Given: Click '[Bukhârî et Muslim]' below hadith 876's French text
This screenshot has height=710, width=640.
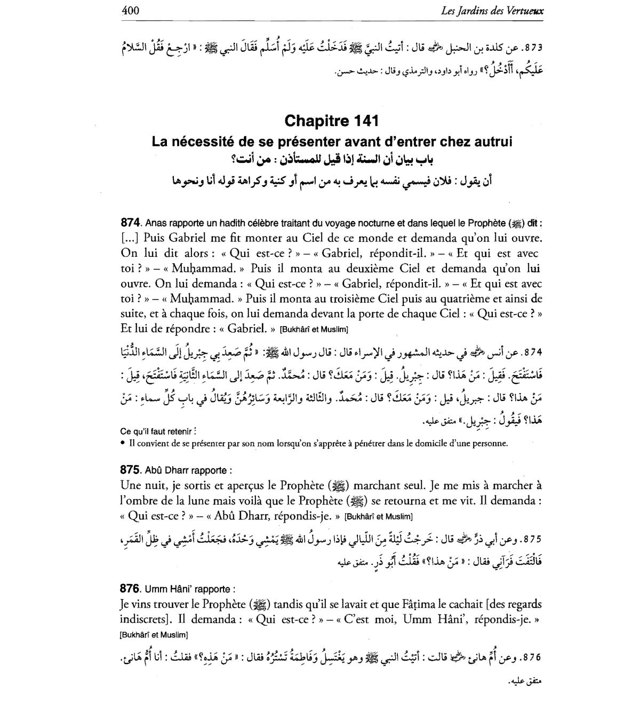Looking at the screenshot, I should [x=154, y=635].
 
